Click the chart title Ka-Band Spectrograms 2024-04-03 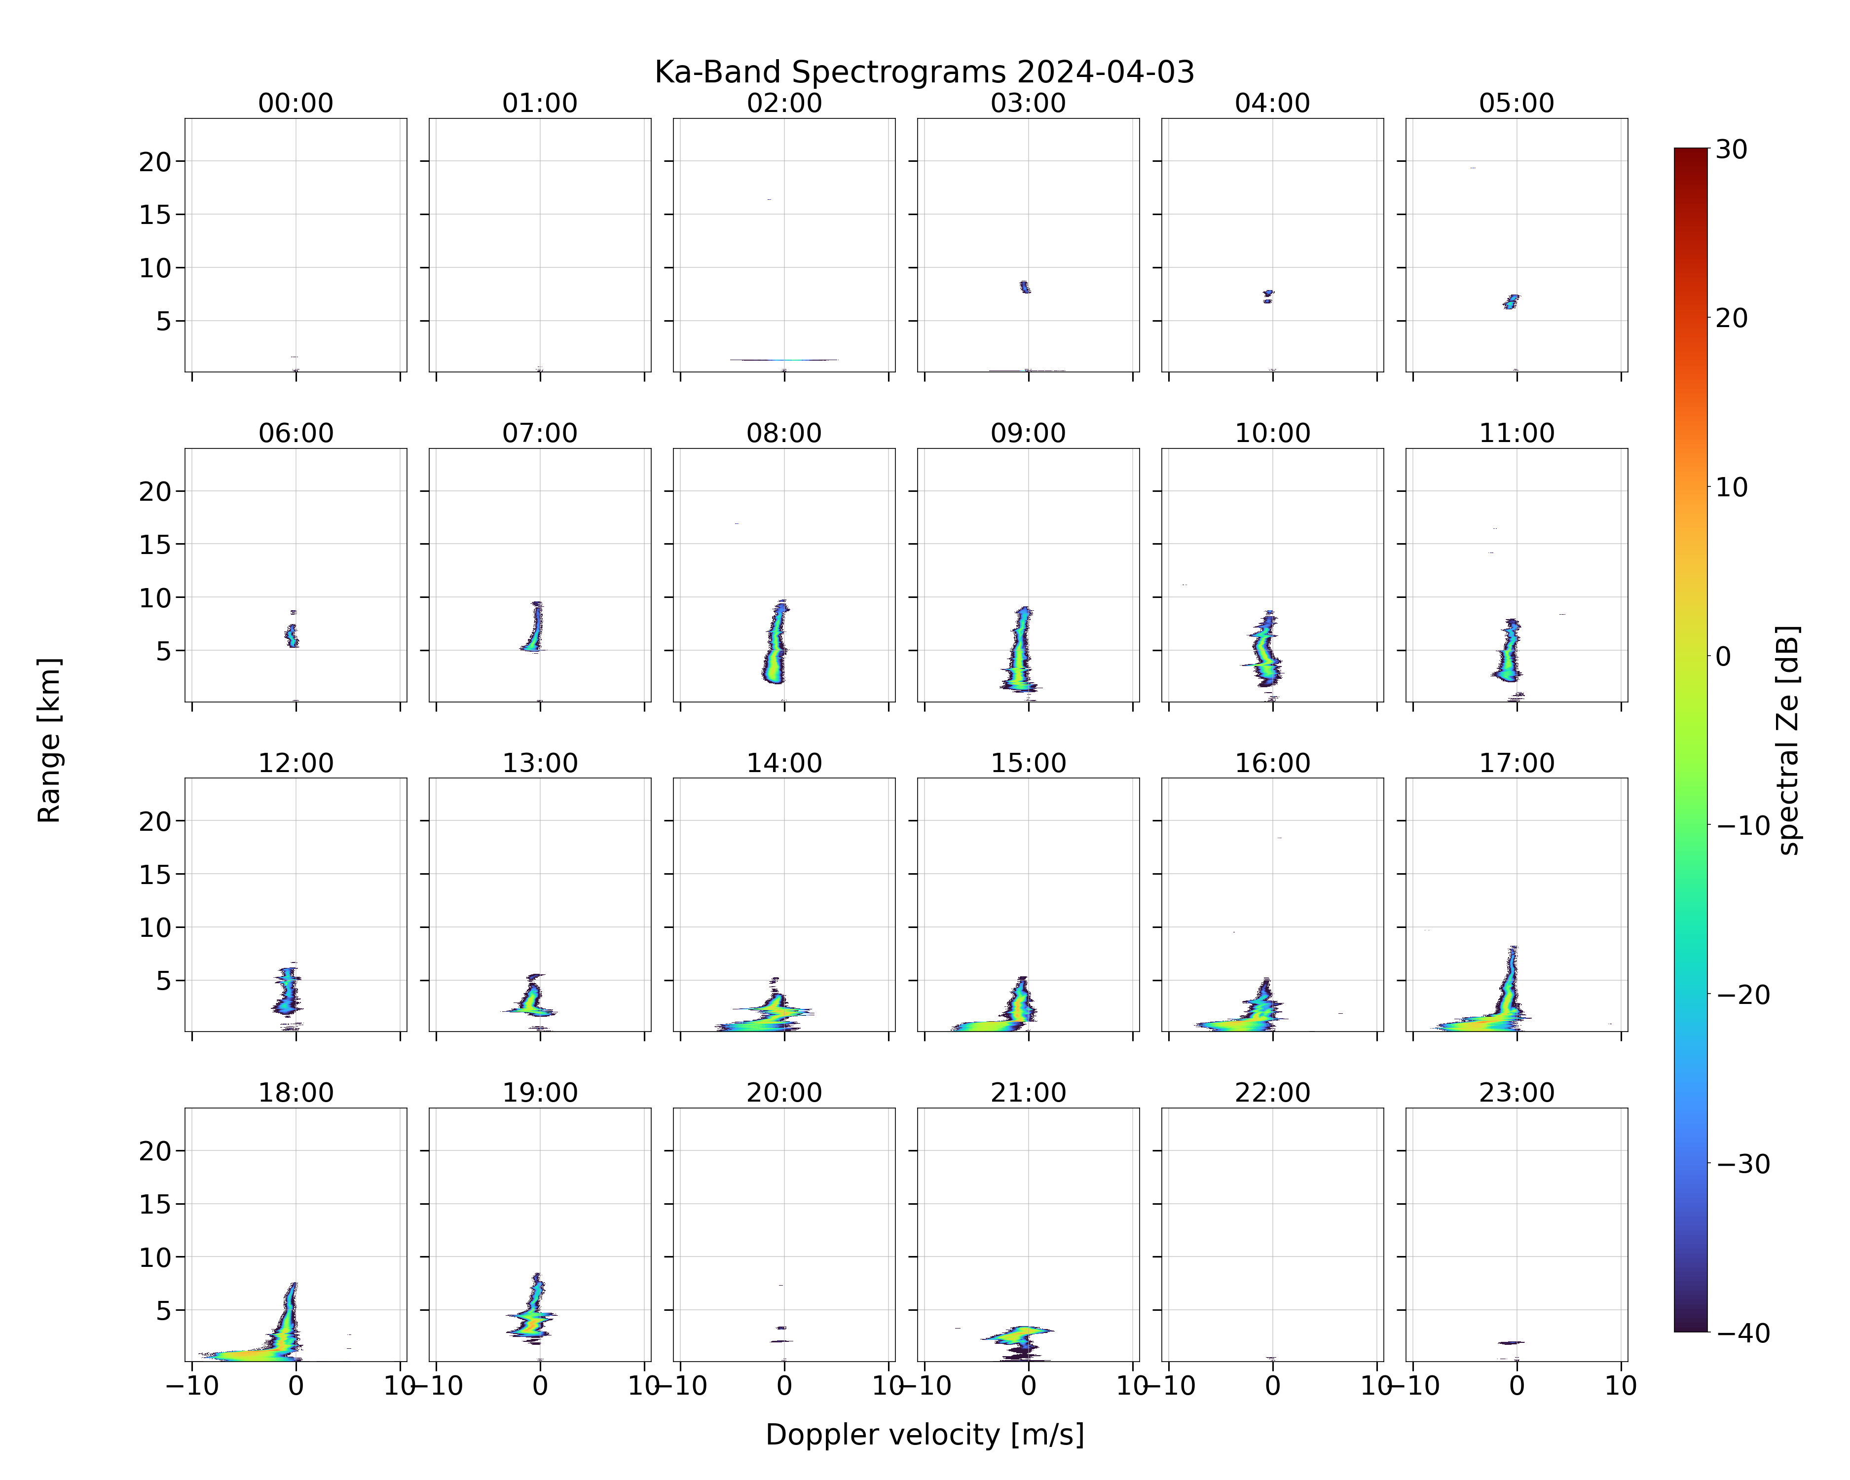[924, 72]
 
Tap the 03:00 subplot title [1028, 103]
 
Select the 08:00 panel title [783, 433]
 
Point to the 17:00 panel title [1516, 763]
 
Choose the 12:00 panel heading [296, 763]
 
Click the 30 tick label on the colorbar [1732, 149]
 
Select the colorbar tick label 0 [1723, 656]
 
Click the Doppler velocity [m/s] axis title [924, 1435]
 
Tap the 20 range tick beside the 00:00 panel [155, 161]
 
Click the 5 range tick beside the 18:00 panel [164, 1310]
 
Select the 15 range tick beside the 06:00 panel [155, 544]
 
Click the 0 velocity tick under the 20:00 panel [783, 1386]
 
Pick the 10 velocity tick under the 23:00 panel [1621, 1386]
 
